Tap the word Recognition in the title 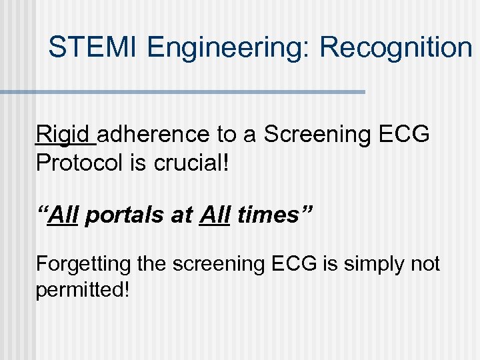click(x=395, y=48)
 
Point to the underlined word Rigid click(x=65, y=135)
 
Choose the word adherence click(x=155, y=135)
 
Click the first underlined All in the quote click(x=65, y=215)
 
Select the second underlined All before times click(x=214, y=215)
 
